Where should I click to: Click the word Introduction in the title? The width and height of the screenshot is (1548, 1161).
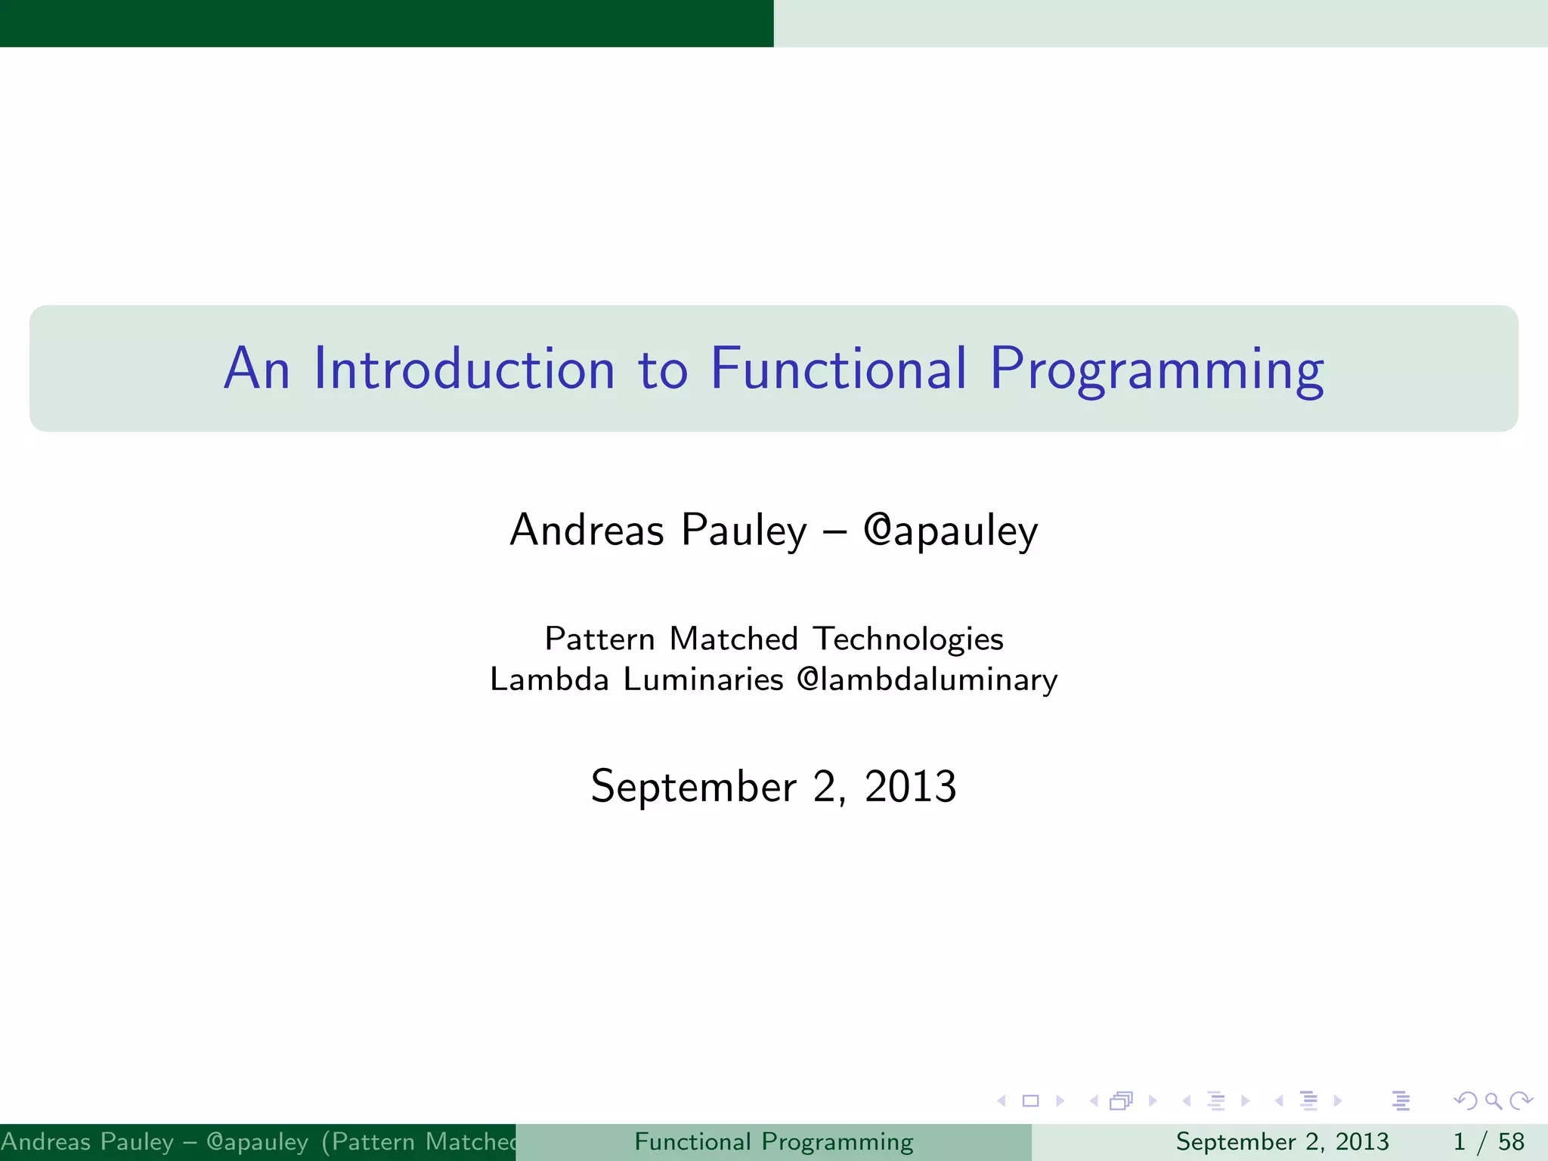point(464,369)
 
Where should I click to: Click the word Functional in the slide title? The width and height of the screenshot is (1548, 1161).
point(838,369)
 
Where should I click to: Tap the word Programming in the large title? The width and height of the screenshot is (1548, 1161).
point(1156,370)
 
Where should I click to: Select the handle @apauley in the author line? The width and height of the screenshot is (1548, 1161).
point(950,530)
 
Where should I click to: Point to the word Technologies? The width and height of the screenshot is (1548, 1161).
point(908,639)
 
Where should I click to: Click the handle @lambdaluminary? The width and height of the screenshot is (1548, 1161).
point(927,679)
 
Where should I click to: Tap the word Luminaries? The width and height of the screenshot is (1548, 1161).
point(703,679)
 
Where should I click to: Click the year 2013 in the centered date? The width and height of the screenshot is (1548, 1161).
point(910,786)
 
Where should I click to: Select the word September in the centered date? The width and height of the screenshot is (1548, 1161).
point(693,788)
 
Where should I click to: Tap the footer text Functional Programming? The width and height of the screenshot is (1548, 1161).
point(773,1141)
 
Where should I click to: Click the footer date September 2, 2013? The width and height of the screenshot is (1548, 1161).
point(1282,1141)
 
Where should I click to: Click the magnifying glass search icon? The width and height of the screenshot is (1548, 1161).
point(1493,1101)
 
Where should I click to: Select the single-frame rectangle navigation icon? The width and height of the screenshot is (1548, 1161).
point(1030,1101)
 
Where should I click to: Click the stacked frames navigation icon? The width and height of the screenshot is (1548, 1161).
point(1122,1101)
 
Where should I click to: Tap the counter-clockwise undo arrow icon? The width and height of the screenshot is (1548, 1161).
point(1466,1101)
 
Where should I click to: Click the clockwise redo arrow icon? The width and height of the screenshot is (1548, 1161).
point(1521,1101)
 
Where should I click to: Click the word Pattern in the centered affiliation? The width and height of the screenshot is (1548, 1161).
point(599,639)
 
